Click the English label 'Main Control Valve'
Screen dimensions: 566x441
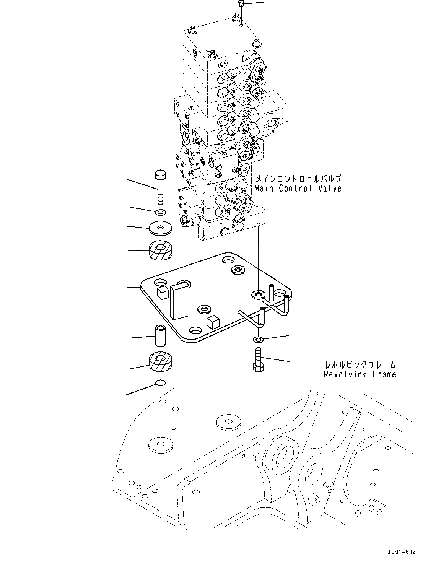tap(298, 188)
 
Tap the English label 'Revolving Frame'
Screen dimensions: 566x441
tap(360, 374)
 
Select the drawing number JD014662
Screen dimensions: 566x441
tap(400, 552)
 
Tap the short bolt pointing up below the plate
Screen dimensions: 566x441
tap(257, 358)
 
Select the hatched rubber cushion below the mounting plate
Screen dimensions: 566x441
tap(160, 361)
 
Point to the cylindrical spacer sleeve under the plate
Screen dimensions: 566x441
tap(160, 335)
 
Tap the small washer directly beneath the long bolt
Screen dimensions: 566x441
tap(161, 212)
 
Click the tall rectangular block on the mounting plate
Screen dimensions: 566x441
tap(180, 300)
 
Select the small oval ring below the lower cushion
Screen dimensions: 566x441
tap(161, 382)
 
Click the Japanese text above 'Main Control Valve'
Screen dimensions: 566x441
tap(298, 179)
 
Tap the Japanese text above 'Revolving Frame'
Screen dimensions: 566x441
tap(360, 365)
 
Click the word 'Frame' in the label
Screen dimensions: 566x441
tap(384, 374)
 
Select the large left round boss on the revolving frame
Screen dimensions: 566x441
tap(284, 454)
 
